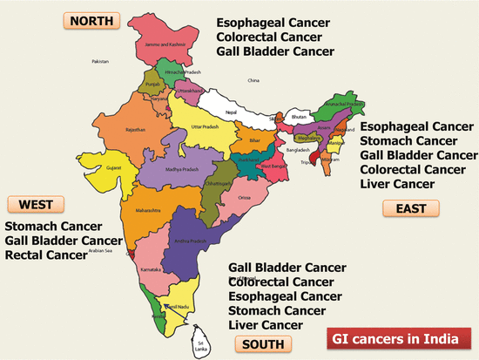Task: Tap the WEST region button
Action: point(35,205)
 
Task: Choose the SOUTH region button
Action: point(261,344)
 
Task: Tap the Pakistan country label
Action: point(102,62)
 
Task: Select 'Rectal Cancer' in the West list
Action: point(46,255)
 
